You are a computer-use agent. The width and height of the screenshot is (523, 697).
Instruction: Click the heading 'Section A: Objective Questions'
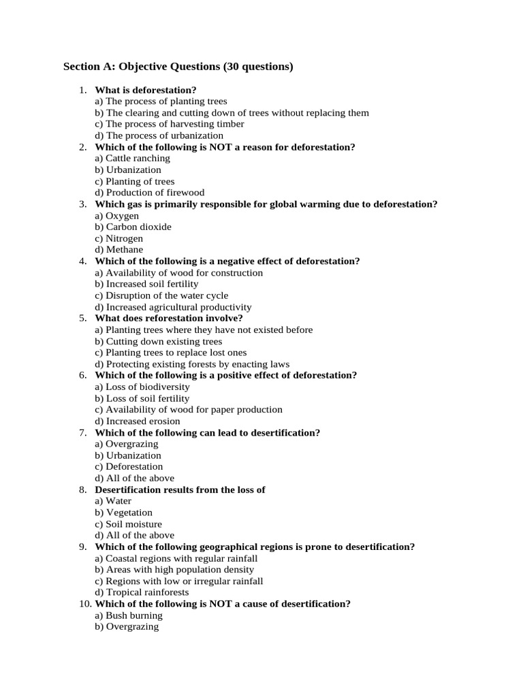point(178,67)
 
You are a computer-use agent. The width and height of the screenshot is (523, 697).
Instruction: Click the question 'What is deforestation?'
point(146,90)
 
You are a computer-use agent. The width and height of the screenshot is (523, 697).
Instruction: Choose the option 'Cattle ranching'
point(133,158)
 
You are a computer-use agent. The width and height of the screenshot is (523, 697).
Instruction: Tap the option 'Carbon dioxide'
point(133,227)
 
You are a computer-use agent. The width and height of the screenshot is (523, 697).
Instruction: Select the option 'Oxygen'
point(117,216)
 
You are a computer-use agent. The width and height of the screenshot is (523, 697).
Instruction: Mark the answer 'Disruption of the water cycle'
point(162,295)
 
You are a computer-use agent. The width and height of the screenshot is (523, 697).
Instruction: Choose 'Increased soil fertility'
point(147,284)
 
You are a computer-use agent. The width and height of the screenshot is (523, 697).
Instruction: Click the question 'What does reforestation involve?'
point(169,318)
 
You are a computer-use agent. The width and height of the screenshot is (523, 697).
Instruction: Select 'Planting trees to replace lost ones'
point(171,353)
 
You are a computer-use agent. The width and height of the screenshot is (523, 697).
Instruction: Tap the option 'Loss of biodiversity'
point(142,387)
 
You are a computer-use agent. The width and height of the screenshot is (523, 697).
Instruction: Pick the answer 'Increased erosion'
point(138,421)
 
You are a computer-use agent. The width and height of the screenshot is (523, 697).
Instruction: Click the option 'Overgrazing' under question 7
point(127,444)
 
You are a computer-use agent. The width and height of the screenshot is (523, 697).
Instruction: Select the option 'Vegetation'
point(124,513)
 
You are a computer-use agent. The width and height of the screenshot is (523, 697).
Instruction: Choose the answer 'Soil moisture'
point(129,524)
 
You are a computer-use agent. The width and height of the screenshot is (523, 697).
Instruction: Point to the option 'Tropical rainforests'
point(142,592)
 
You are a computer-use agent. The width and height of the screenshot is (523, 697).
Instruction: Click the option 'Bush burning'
point(129,615)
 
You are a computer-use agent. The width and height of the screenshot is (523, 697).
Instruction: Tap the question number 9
point(82,547)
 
